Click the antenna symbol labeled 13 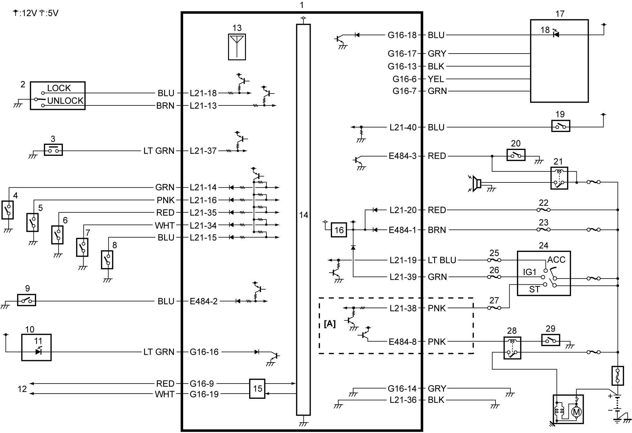coord(237,47)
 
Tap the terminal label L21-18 coord(203,93)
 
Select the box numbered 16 coord(339,230)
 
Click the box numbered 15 coord(257,389)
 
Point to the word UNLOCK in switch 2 coord(65,101)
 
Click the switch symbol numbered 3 coord(53,150)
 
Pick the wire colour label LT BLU coord(442,260)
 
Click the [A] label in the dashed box coord(330,324)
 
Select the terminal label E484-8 coord(403,342)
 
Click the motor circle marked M coord(576,412)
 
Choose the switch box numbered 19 coord(560,126)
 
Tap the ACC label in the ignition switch coord(556,260)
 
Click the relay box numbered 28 coord(512,348)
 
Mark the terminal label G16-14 coord(402,389)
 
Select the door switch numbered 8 coord(107,260)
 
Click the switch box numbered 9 coord(27,300)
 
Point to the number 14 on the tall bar coord(303,215)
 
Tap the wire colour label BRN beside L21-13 coord(165,106)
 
